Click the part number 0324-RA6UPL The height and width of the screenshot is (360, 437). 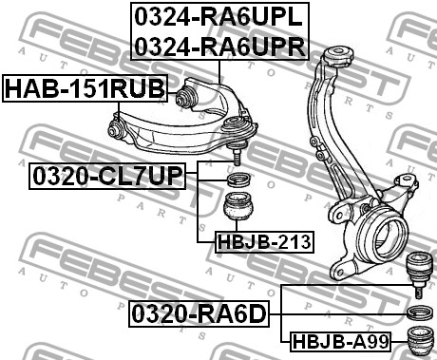(218, 17)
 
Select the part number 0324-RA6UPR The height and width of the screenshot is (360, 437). (220, 46)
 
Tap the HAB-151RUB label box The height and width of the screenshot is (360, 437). (85, 88)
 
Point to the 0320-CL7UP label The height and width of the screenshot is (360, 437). (107, 176)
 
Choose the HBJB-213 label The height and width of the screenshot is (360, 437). (264, 242)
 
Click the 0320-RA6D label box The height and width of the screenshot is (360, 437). (199, 314)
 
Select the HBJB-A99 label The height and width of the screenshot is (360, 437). (340, 342)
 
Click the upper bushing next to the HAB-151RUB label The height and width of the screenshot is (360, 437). (186, 97)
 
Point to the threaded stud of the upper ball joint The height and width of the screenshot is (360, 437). (237, 157)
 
